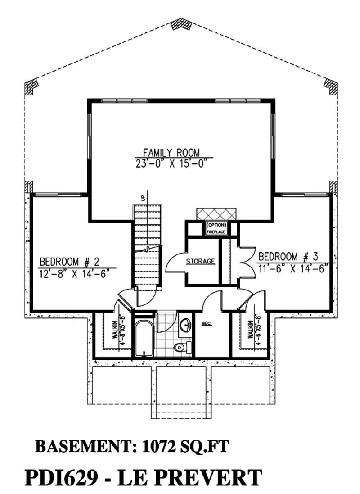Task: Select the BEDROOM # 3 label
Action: tap(288, 257)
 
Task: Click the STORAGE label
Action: tap(201, 261)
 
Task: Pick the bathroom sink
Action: tap(185, 325)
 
